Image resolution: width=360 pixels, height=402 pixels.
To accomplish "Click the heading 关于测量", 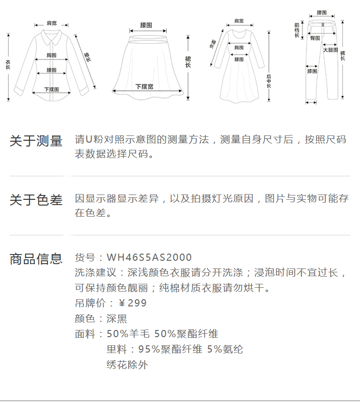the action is (36, 141).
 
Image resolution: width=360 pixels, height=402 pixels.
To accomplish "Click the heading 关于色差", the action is (36, 200).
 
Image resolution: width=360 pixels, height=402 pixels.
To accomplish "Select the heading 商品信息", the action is (36, 259).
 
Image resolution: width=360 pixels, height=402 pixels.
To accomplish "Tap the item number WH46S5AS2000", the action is (149, 258).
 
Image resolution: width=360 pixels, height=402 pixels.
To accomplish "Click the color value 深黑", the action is (117, 318).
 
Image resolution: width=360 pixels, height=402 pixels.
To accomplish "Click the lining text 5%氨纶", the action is (225, 349).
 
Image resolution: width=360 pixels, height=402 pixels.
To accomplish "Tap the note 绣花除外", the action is (127, 365).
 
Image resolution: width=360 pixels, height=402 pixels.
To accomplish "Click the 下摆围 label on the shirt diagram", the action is (51, 89).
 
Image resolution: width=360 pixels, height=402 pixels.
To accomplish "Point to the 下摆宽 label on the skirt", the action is (144, 87).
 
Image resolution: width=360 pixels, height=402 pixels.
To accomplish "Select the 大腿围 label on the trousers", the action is (330, 50).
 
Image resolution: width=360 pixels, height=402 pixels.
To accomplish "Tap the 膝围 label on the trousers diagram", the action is (312, 71).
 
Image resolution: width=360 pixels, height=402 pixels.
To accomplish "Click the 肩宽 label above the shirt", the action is (51, 23).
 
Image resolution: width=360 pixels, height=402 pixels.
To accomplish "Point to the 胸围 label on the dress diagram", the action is (239, 48).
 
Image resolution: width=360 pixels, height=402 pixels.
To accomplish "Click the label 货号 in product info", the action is (85, 258).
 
